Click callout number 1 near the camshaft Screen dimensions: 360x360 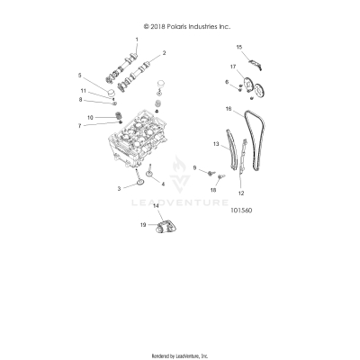point(137,41)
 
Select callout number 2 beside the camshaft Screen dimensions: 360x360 point(164,53)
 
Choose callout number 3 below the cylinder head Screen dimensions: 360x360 point(118,187)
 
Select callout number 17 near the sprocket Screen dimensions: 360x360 point(232,67)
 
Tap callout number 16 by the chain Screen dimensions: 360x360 point(229,110)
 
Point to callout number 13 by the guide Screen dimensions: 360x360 point(216,144)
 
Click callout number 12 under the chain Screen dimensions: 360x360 point(240,193)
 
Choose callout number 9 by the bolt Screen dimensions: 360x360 point(193,167)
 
